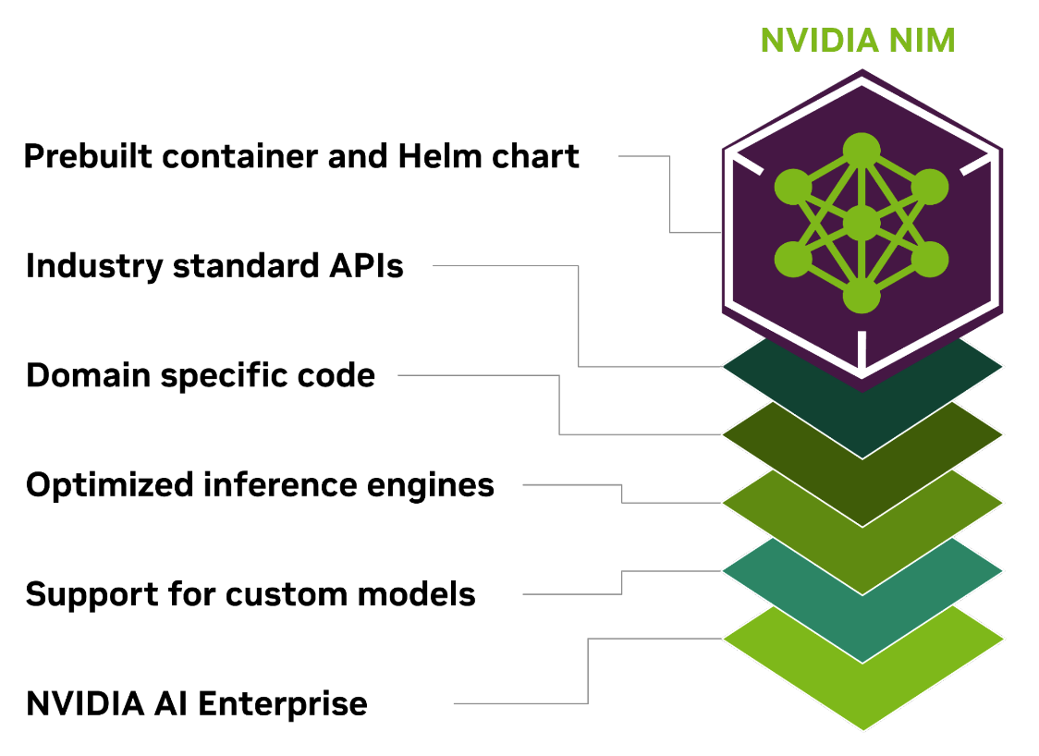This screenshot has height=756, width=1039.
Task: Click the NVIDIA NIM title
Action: (x=857, y=41)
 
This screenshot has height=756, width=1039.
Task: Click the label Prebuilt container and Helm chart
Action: (x=301, y=156)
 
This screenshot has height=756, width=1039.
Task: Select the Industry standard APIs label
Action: (x=214, y=266)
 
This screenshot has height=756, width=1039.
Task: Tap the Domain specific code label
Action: (x=201, y=376)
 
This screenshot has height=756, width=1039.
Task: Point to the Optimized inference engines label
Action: (x=260, y=485)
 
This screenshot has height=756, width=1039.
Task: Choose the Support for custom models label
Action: (x=251, y=594)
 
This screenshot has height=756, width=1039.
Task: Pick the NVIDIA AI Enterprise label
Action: (x=197, y=704)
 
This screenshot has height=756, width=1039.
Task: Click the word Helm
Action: (x=434, y=156)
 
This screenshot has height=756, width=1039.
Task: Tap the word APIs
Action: (x=367, y=266)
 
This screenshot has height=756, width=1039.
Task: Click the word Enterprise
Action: (x=283, y=704)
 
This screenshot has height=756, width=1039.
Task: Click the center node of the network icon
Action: (x=862, y=223)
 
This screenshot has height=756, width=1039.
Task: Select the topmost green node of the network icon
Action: (x=862, y=151)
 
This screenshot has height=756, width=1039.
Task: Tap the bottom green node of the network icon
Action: (x=862, y=296)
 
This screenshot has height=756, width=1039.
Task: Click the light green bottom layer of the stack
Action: (x=863, y=702)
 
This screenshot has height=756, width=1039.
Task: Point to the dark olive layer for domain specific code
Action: (x=863, y=499)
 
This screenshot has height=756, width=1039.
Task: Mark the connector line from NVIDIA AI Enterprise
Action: (x=589, y=670)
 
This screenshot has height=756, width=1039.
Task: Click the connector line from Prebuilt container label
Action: (x=669, y=194)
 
